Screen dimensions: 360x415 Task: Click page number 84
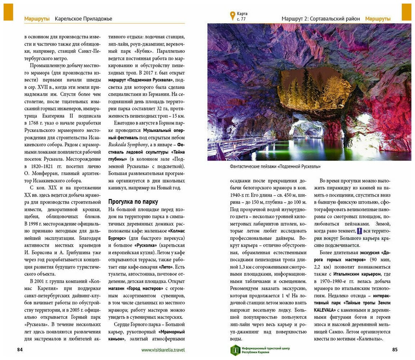tap(20, 350)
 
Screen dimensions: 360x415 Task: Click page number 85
tap(395, 350)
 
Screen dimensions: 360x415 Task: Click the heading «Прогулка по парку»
tap(133, 202)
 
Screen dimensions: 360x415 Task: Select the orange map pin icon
tap(232, 16)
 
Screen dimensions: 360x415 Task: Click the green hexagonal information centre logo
tap(235, 350)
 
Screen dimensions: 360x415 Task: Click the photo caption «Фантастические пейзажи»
tap(275, 166)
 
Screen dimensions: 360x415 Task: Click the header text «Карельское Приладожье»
tap(83, 19)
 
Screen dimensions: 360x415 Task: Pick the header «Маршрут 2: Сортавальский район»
tap(321, 19)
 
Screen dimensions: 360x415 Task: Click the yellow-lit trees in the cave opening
tap(316, 90)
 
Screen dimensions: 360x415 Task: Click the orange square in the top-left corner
tap(8, 12)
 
